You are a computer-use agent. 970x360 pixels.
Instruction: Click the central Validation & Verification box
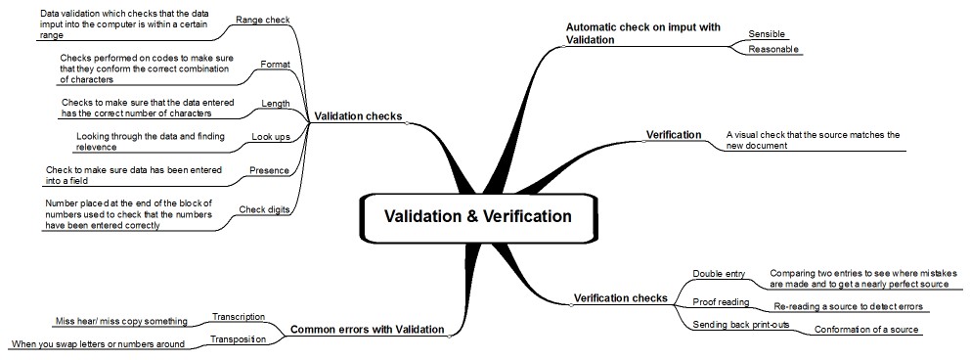pos(477,216)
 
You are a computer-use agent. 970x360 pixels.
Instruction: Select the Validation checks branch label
pos(357,116)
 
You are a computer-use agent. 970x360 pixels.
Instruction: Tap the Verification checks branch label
pos(620,297)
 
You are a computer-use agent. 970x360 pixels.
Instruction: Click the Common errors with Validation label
pos(368,330)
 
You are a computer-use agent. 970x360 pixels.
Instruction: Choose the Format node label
pos(275,65)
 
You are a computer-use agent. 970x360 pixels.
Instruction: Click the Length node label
pos(276,103)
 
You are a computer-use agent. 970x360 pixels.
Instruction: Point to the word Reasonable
pos(773,49)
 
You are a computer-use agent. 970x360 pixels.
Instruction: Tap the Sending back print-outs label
pos(741,324)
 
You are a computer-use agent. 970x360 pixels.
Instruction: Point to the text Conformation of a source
pos(867,330)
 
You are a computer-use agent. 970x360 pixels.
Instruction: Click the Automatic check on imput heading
pos(643,33)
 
